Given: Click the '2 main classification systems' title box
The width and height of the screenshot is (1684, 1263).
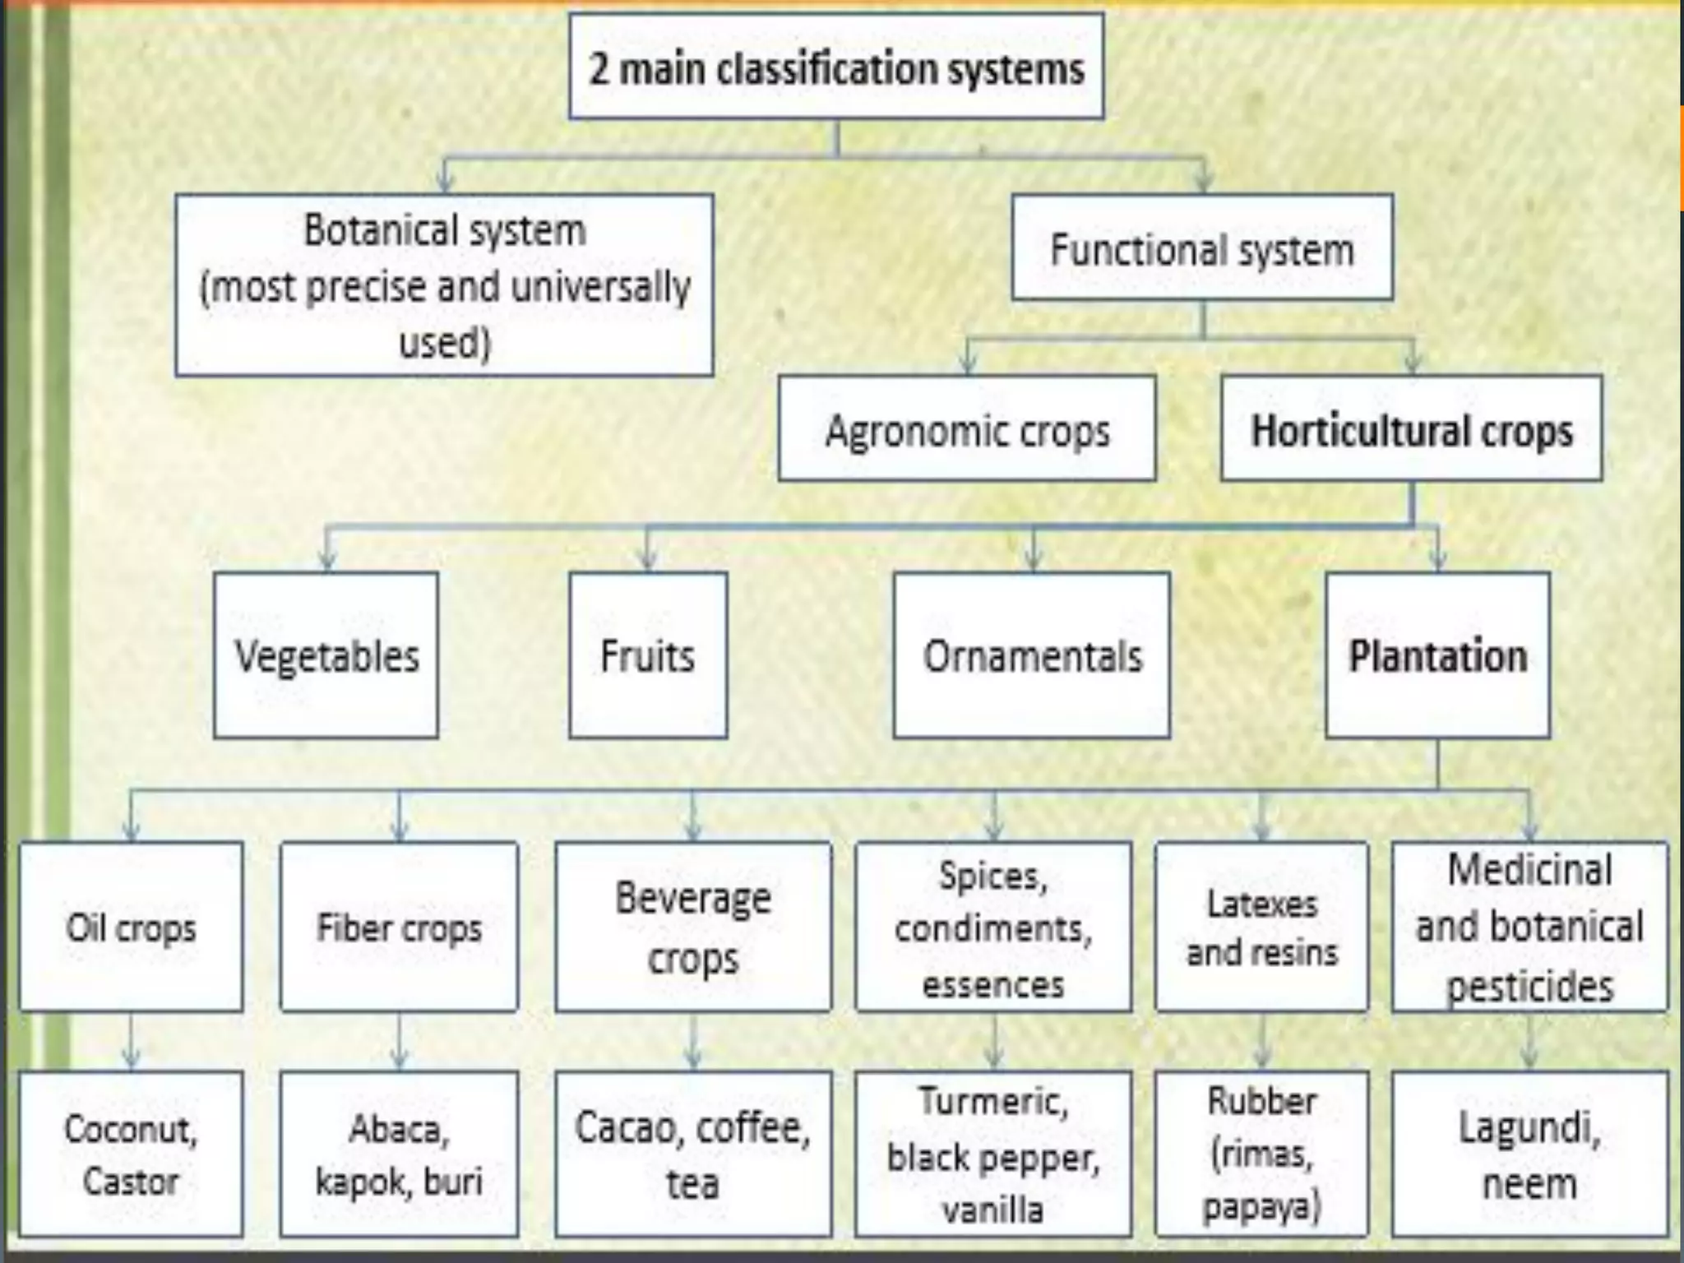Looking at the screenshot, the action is pyautogui.click(x=836, y=67).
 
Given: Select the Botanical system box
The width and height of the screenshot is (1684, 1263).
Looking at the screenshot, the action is pyautogui.click(x=444, y=285).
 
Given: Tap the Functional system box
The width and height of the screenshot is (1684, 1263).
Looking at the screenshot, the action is pyautogui.click(x=1201, y=248).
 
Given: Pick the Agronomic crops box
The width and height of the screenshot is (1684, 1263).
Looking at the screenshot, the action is pyautogui.click(x=967, y=429).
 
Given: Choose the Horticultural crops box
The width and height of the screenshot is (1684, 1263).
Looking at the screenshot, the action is pyautogui.click(x=1411, y=429).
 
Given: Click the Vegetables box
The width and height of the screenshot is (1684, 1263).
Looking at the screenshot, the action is pyautogui.click(x=326, y=655).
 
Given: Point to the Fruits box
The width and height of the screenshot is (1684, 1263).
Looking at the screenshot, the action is pyautogui.click(x=648, y=655).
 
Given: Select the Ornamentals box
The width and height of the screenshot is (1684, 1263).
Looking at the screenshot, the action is pyautogui.click(x=1032, y=655).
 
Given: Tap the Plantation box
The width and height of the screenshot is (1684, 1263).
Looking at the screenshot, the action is pyautogui.click(x=1437, y=655).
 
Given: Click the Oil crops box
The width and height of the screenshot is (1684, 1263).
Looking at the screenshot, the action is pyautogui.click(x=132, y=927).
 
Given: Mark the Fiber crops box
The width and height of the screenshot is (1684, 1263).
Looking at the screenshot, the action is pyautogui.click(x=399, y=927).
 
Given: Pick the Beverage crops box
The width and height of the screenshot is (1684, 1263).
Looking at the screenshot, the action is pyautogui.click(x=693, y=927).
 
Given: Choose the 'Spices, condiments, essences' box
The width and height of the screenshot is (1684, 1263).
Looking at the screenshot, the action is pyautogui.click(x=993, y=927).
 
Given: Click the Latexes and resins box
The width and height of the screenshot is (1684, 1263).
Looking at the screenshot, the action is pyautogui.click(x=1261, y=927).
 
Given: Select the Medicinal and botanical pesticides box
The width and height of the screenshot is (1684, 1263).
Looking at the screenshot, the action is pyautogui.click(x=1529, y=927).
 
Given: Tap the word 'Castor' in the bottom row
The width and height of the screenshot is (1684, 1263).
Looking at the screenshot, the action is pyautogui.click(x=132, y=1182).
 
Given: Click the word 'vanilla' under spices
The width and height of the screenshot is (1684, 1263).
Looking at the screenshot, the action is pyautogui.click(x=993, y=1210).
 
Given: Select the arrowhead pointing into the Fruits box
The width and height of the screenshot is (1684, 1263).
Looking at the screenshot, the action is pyautogui.click(x=648, y=561).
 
